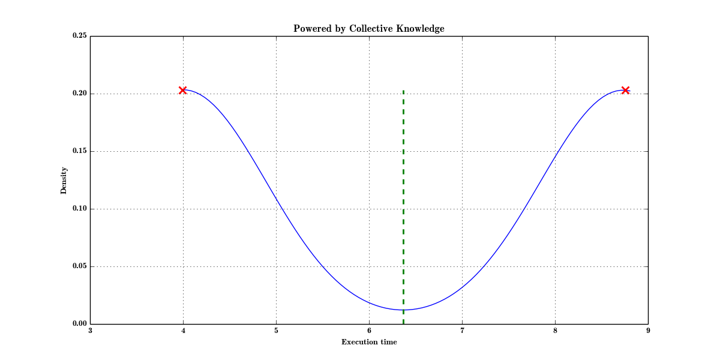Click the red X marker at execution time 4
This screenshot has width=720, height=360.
pos(182,90)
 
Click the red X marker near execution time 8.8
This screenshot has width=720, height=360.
pos(625,90)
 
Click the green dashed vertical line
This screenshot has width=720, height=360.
pos(403,198)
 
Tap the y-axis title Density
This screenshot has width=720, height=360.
pos(64,180)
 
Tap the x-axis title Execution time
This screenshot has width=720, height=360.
pos(369,342)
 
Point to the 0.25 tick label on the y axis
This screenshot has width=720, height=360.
pos(80,36)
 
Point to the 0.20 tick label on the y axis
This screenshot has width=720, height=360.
pos(80,94)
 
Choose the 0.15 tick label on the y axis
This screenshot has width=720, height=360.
pos(80,151)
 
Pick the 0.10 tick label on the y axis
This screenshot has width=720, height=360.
pos(80,209)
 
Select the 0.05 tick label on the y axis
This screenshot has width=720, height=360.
pos(80,266)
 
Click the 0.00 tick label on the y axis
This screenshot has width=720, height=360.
pos(80,324)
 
